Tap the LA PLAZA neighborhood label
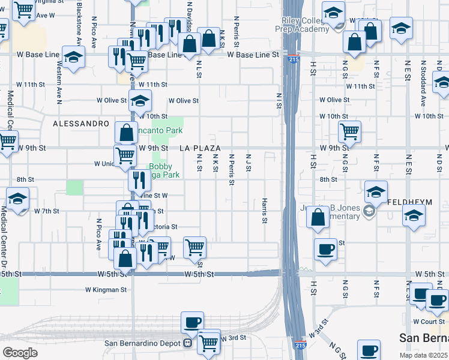(200, 148)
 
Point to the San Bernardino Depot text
(143, 343)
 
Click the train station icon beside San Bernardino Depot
(188, 343)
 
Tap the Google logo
(20, 353)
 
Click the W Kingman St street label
(106, 289)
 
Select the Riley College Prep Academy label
(303, 24)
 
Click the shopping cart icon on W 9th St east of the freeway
(349, 131)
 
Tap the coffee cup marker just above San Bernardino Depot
(192, 322)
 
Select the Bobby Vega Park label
(163, 171)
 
